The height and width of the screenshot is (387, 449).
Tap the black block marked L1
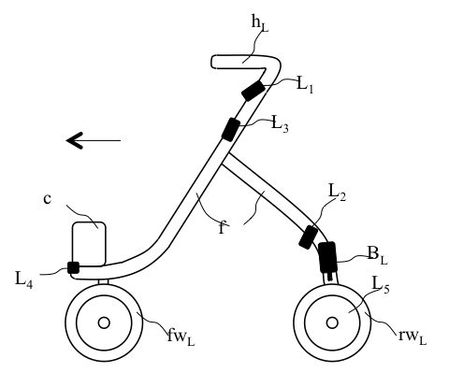[x=253, y=90]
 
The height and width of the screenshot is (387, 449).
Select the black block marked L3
[x=231, y=129]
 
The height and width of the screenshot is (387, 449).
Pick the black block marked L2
[x=308, y=237]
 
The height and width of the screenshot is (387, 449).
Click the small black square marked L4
[x=74, y=267]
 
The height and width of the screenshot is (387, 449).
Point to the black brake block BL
[x=327, y=258]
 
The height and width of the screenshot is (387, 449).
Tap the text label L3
[x=280, y=124]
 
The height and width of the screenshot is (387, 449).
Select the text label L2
[x=337, y=193]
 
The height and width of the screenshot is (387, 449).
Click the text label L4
[x=23, y=279]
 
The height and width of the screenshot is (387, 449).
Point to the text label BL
[x=377, y=256]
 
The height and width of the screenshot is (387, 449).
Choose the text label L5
[x=381, y=285]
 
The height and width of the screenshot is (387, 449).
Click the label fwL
[x=181, y=337]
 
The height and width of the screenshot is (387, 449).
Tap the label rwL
[x=413, y=337]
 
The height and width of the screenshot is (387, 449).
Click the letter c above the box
[x=47, y=199]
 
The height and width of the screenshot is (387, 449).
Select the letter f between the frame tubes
[x=222, y=227]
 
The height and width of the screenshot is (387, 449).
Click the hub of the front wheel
[x=104, y=322]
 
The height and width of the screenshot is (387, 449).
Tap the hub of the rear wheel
[x=332, y=322]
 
